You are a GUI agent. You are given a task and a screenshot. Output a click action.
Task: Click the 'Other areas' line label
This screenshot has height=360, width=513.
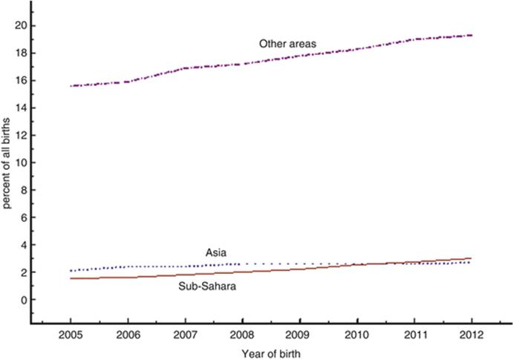(x=287, y=44)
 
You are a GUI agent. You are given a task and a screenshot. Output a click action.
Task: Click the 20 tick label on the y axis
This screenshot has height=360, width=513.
(x=22, y=25)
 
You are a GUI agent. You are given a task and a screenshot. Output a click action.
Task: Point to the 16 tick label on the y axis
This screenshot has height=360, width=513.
(x=22, y=80)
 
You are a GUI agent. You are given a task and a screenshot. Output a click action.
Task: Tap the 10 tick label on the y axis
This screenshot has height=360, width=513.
(x=22, y=163)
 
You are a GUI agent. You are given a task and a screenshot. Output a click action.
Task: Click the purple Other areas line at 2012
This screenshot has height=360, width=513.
(x=469, y=35)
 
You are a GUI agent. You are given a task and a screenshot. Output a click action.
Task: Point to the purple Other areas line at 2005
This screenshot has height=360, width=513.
(x=71, y=86)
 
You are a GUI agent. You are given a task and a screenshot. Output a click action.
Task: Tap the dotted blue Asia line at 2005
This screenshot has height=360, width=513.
(x=71, y=271)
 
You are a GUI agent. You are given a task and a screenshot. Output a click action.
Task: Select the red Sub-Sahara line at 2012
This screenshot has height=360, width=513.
(x=469, y=258)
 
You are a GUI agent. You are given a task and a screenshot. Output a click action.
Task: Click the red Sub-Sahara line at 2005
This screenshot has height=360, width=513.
(x=71, y=278)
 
